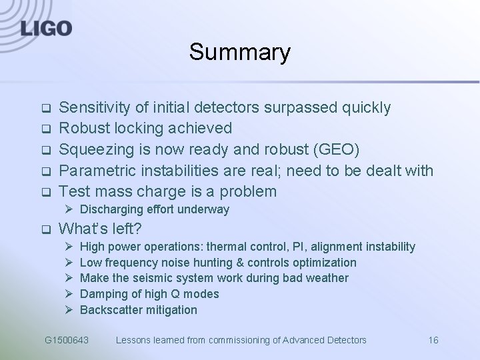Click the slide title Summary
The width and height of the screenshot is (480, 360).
[x=239, y=52]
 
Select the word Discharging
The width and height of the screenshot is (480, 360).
[x=111, y=209]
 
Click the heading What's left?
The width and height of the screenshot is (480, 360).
[x=100, y=229]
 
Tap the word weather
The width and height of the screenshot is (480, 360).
[x=326, y=278]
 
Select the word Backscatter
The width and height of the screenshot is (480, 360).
[x=109, y=310]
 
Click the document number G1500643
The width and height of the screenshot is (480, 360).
[x=67, y=340]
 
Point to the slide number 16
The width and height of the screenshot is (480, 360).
[x=433, y=340]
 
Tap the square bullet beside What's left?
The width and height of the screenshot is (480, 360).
[x=46, y=230]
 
